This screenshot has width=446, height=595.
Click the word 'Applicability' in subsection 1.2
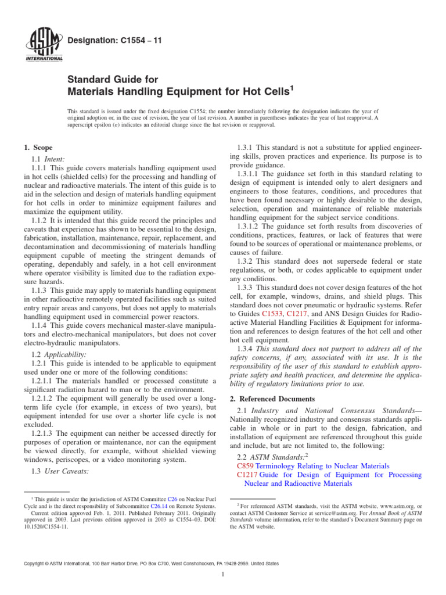click(x=66, y=354)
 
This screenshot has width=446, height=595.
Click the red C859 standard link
click(x=246, y=466)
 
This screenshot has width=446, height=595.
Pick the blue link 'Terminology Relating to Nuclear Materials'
click(x=322, y=466)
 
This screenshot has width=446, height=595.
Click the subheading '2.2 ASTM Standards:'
click(x=272, y=456)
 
